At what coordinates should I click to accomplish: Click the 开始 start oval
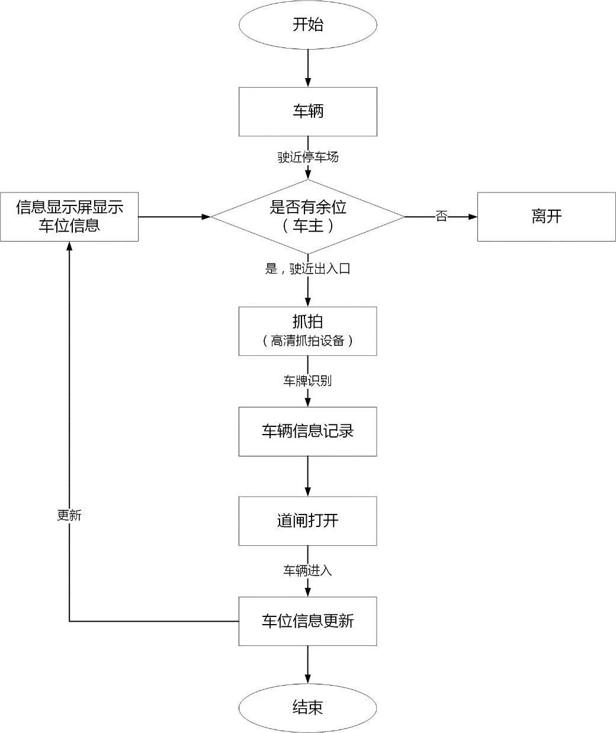click(307, 25)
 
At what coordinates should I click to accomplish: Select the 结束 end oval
click(307, 707)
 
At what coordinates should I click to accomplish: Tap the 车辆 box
click(307, 111)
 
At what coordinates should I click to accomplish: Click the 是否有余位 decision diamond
click(307, 217)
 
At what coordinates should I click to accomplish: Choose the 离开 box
click(546, 217)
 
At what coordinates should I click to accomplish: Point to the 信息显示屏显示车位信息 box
click(69, 217)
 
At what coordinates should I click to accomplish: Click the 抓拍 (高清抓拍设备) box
click(307, 331)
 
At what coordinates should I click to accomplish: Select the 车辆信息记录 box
click(307, 431)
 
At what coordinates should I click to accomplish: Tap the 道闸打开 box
click(307, 520)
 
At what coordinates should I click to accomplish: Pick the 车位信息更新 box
click(307, 621)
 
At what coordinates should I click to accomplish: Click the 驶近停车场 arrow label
click(308, 157)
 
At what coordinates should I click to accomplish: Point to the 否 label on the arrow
click(441, 216)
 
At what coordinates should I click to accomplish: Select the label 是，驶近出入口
click(307, 269)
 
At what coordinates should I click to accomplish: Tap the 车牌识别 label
click(307, 381)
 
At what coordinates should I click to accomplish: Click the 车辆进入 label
click(307, 571)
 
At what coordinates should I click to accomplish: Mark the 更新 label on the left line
click(69, 515)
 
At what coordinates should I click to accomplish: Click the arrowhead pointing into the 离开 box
click(473, 217)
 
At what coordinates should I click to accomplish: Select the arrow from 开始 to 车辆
click(307, 68)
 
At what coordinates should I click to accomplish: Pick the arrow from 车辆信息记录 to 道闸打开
click(307, 476)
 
